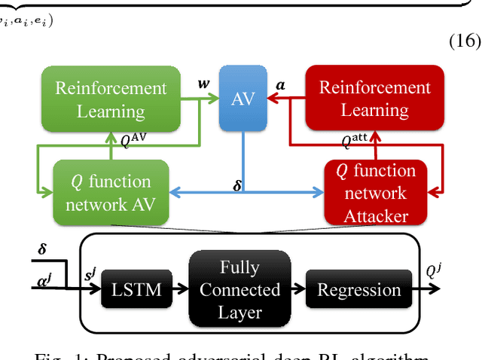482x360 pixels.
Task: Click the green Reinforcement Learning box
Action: tap(111, 99)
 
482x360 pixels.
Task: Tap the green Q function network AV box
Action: tap(111, 192)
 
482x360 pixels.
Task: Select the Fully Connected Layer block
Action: tap(239, 289)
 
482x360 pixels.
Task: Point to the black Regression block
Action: tap(358, 290)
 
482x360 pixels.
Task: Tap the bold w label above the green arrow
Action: tap(203, 83)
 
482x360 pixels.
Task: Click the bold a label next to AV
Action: tap(281, 84)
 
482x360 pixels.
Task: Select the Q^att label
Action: tap(355, 140)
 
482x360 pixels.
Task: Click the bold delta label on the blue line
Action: tap(237, 184)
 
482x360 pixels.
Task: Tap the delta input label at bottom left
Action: tap(44, 248)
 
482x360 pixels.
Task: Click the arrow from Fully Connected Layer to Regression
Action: tap(297, 289)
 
